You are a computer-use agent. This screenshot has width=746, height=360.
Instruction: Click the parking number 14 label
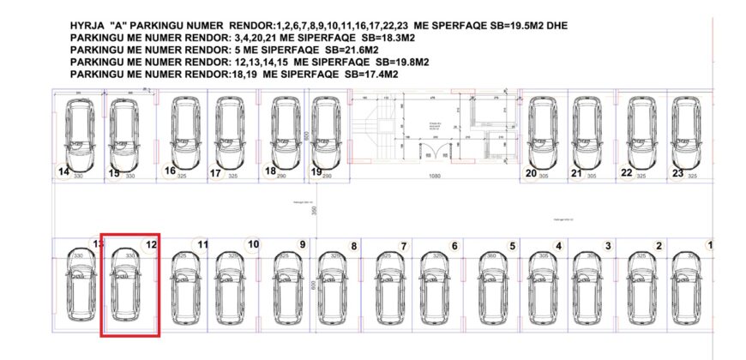click(63, 171)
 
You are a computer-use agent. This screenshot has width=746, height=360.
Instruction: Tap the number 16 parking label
click(171, 171)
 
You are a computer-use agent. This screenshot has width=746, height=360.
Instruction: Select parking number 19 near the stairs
click(316, 171)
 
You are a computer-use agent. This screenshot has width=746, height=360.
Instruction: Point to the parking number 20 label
click(531, 173)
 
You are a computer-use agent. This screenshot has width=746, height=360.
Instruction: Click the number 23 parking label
click(677, 173)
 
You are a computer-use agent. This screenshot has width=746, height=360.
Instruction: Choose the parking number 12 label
click(151, 244)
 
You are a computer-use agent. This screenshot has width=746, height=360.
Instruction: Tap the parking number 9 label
click(302, 244)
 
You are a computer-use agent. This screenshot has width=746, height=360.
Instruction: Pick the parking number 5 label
click(512, 247)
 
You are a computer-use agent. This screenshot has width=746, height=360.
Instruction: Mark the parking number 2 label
click(659, 247)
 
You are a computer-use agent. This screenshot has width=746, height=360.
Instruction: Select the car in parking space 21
click(587, 133)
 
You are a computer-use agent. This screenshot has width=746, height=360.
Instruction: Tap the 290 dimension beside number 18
click(282, 175)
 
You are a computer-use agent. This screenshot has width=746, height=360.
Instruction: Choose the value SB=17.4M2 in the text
click(371, 75)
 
